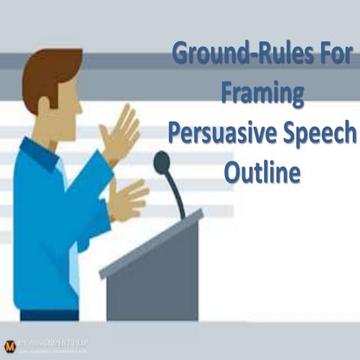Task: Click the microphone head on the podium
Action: [161, 161]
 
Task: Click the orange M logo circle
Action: [10, 346]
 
